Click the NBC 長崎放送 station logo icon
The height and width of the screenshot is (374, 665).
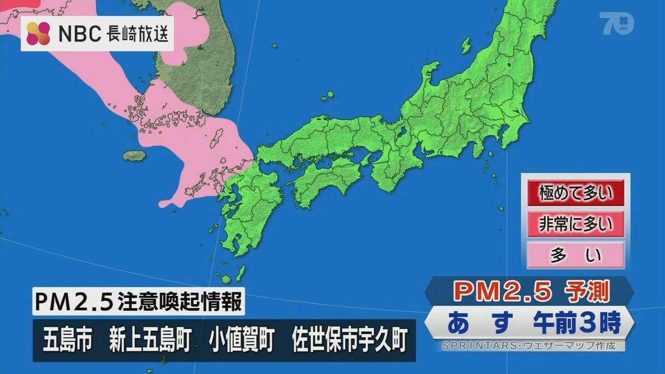click(x=38, y=34)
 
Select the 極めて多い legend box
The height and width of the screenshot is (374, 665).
click(x=575, y=193)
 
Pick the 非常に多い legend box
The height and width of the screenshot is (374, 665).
click(x=575, y=224)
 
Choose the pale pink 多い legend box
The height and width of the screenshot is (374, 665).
click(x=575, y=255)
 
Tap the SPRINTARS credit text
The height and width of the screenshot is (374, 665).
click(x=529, y=346)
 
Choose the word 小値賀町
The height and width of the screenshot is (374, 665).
click(x=242, y=340)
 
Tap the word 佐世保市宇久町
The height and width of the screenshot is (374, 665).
click(x=349, y=340)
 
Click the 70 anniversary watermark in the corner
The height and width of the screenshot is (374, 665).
click(x=617, y=23)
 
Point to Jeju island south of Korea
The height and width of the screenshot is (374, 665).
click(x=134, y=156)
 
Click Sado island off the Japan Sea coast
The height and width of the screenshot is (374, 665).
click(x=465, y=44)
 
